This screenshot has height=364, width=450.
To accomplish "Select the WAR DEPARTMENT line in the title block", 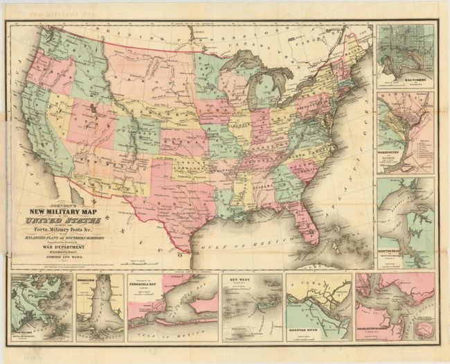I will [62, 245].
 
